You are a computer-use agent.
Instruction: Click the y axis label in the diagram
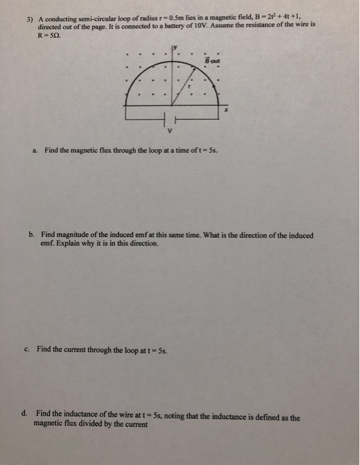pyautogui.click(x=175, y=47)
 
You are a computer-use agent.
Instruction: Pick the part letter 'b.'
pyautogui.click(x=32, y=234)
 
